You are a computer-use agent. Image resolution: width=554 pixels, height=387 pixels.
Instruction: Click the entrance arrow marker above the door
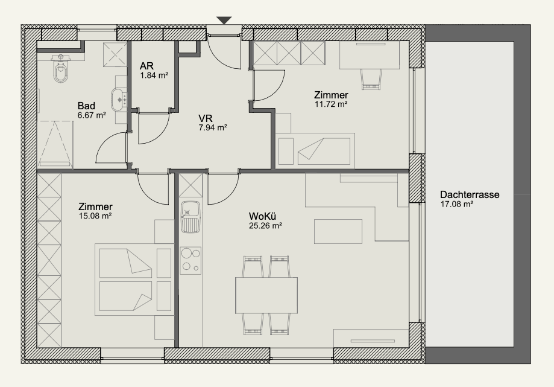224,21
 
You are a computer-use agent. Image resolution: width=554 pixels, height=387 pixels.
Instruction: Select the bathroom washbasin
119,100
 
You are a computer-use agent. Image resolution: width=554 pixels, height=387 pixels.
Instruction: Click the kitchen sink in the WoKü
190,217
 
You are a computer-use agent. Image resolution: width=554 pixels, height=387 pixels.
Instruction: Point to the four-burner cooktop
190,260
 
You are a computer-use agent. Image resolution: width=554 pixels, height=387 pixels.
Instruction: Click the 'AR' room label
146,66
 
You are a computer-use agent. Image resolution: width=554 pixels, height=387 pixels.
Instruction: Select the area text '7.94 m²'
213,127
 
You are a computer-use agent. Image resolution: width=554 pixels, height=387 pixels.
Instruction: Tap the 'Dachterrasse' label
470,194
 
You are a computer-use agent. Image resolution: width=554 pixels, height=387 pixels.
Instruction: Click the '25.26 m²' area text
265,226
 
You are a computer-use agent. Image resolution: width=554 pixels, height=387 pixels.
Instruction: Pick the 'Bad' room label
86,106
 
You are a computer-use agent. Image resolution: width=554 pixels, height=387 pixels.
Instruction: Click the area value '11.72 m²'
331,104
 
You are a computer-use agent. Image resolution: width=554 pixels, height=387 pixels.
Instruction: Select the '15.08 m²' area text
95,216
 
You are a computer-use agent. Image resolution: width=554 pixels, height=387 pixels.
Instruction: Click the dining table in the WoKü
266,295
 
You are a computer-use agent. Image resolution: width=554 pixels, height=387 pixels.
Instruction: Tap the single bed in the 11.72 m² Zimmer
315,151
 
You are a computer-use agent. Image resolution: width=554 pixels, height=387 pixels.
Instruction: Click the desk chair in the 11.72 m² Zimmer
371,79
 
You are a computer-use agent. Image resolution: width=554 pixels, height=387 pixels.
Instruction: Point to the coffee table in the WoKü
338,231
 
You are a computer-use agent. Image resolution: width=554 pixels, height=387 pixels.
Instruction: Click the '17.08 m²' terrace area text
457,204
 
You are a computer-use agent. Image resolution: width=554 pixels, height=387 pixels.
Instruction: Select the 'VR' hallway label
206,118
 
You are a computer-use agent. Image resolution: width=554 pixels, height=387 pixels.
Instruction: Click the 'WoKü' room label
262,216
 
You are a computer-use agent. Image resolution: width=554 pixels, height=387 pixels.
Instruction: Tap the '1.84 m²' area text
154,75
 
